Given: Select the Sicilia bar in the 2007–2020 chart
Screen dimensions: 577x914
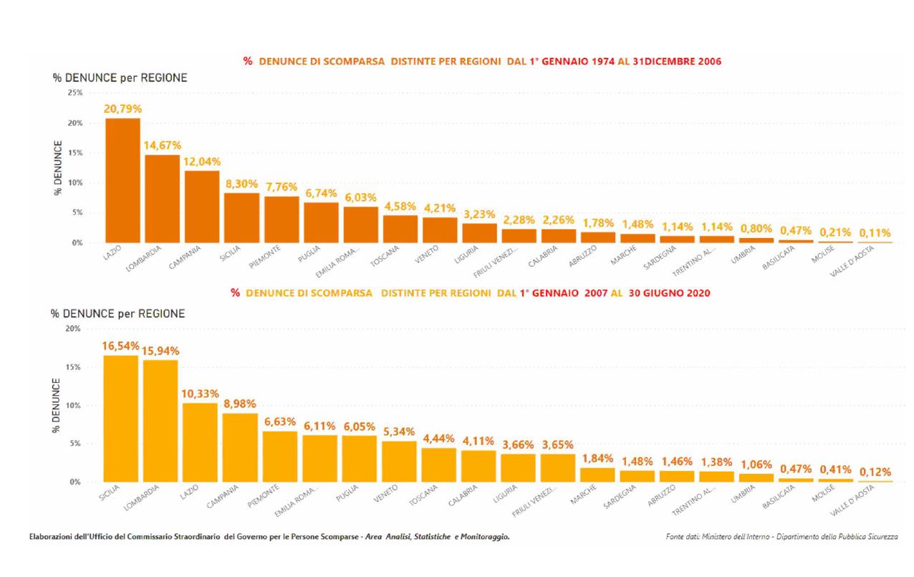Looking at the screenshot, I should (120, 419).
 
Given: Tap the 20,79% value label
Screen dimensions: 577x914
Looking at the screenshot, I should (122, 109).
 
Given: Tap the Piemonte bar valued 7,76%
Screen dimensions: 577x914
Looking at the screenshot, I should (282, 219).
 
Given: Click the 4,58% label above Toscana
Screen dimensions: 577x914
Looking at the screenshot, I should (400, 206).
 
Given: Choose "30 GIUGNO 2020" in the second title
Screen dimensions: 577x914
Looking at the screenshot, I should (669, 292).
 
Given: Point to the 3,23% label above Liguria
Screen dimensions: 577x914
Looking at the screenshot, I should (479, 214).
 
